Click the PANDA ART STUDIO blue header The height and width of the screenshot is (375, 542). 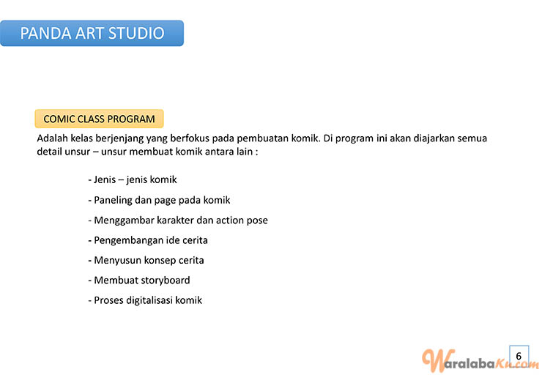(x=92, y=33)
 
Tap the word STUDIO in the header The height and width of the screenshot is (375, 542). (x=136, y=33)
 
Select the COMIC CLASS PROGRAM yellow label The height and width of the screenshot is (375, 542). (x=99, y=119)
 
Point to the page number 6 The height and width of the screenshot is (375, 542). (x=519, y=356)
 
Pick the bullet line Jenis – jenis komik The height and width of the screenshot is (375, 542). (x=133, y=179)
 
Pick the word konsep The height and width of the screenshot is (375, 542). (x=160, y=261)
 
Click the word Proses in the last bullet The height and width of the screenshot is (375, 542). (x=108, y=300)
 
